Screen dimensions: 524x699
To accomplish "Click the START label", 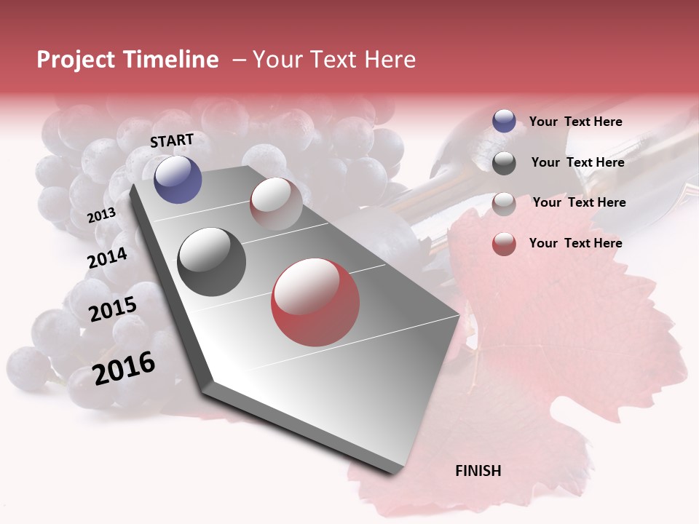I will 172,140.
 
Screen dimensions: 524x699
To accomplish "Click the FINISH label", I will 478,471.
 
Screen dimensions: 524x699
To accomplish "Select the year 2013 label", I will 101,215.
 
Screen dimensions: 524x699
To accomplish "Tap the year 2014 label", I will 107,258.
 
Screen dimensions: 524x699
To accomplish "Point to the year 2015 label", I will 113,309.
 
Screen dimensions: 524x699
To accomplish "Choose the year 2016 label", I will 124,368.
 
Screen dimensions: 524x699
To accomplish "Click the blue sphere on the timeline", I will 178,179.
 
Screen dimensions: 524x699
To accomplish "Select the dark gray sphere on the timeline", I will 212,261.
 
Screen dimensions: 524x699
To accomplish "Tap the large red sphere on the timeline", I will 315,302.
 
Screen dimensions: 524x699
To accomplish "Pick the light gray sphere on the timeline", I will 276,204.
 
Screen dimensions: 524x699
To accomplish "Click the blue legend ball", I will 504,121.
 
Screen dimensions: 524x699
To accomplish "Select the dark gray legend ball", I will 504,163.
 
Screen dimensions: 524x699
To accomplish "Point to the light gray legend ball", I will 504,204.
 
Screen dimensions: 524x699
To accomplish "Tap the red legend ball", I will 504,244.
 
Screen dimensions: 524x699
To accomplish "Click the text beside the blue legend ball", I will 575,122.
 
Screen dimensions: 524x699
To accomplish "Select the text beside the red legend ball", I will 575,243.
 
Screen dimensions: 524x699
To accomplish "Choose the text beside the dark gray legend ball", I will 577,162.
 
